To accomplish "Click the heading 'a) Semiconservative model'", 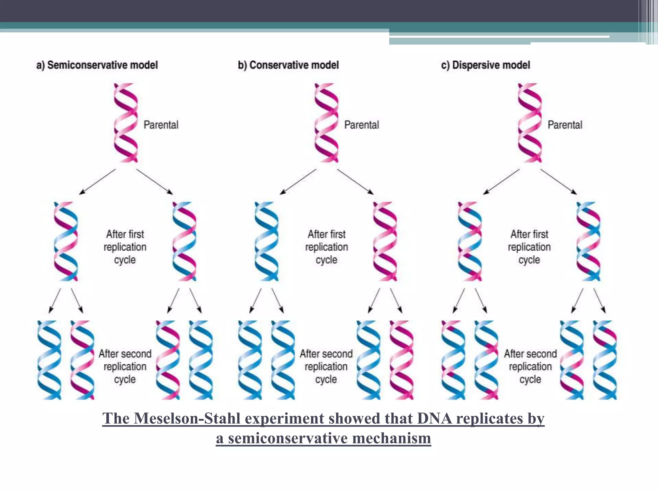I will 97,65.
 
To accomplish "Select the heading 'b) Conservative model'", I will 288,65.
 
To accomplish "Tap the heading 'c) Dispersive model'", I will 485,65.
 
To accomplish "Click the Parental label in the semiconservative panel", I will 161,125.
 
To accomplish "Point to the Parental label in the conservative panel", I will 361,125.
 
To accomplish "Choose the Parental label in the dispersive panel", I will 565,125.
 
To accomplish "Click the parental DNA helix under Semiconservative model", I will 126,123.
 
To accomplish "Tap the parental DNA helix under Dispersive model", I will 530,123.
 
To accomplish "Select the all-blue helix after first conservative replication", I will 266,241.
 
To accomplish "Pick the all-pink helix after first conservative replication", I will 385,241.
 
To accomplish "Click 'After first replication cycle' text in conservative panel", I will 326,247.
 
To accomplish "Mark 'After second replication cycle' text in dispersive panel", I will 530,366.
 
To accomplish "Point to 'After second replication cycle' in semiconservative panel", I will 125,366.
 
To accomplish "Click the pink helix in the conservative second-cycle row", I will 402,360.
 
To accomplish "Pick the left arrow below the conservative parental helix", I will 298,182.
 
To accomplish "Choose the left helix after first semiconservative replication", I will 66,241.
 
